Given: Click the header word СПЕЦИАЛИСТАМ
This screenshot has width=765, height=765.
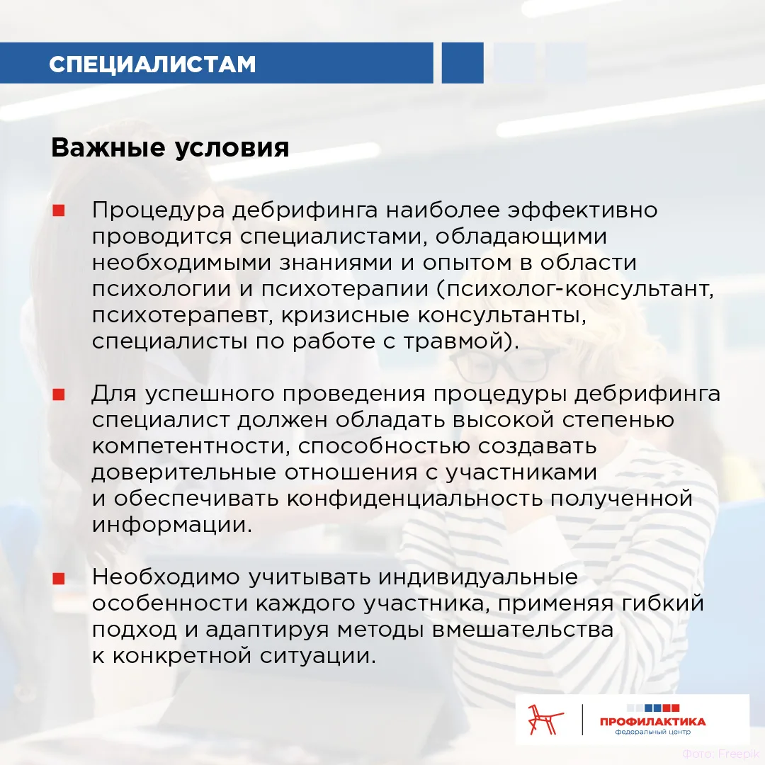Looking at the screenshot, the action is (152, 64).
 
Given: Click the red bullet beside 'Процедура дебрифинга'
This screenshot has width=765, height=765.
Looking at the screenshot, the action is (59, 210).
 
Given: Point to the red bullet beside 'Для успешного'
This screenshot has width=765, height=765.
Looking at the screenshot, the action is (59, 395).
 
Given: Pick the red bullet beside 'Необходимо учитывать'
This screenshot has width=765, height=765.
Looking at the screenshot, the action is (59, 578).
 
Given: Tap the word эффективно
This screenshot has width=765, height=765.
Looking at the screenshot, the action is (582, 210).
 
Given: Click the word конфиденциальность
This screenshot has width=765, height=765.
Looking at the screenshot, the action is (414, 499).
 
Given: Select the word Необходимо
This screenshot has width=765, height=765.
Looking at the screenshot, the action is (166, 577).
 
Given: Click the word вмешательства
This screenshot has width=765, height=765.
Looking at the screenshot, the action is (523, 630).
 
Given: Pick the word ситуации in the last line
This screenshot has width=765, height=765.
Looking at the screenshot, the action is (317, 656).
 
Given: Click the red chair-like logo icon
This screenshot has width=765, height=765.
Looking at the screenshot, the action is (545, 719).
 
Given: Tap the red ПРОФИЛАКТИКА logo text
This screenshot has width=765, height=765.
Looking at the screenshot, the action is (653, 722).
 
